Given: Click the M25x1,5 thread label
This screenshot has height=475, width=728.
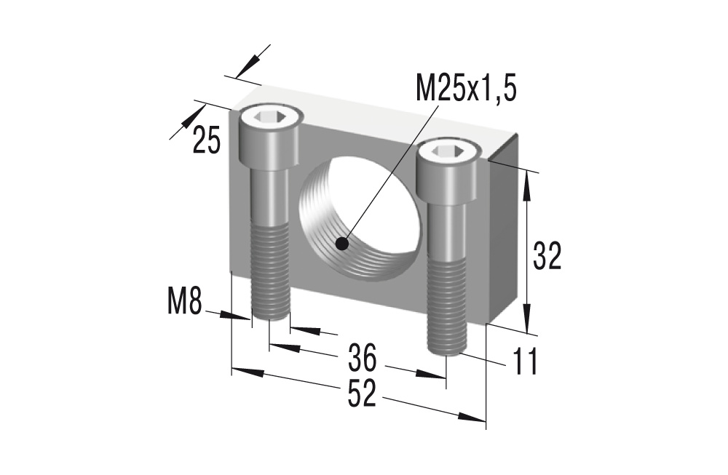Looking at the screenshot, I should tap(465, 89).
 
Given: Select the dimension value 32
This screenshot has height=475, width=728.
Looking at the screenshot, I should tap(547, 256).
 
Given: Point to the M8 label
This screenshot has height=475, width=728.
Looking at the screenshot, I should tap(183, 300).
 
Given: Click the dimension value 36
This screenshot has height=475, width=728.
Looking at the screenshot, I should tap(362, 357).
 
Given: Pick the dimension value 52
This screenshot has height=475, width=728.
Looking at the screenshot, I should tap(361, 394).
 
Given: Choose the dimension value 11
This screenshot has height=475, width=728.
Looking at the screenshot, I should tap(524, 362).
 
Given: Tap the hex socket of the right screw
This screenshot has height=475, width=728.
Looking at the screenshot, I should tap(448, 151).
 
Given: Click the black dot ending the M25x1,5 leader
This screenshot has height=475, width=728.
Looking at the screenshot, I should tap(342, 244).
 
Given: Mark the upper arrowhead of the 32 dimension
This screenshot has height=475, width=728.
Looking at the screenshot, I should tap(527, 182).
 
